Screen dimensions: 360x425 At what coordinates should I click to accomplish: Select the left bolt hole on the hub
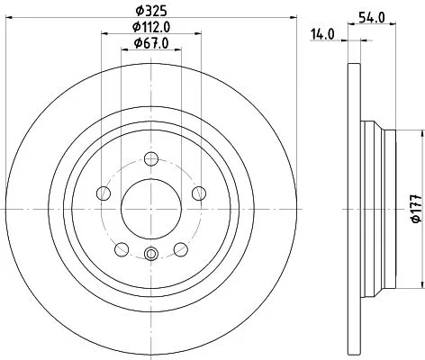click(103, 193)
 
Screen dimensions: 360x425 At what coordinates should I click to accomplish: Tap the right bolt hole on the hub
click(198, 192)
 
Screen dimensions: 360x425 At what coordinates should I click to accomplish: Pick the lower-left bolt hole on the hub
click(121, 247)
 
